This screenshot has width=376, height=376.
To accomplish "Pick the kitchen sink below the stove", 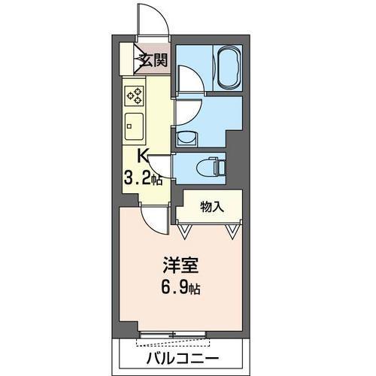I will click(x=135, y=123).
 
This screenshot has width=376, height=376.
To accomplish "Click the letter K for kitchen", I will click(x=144, y=156).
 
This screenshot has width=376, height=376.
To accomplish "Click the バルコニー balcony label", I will click(x=181, y=356).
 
